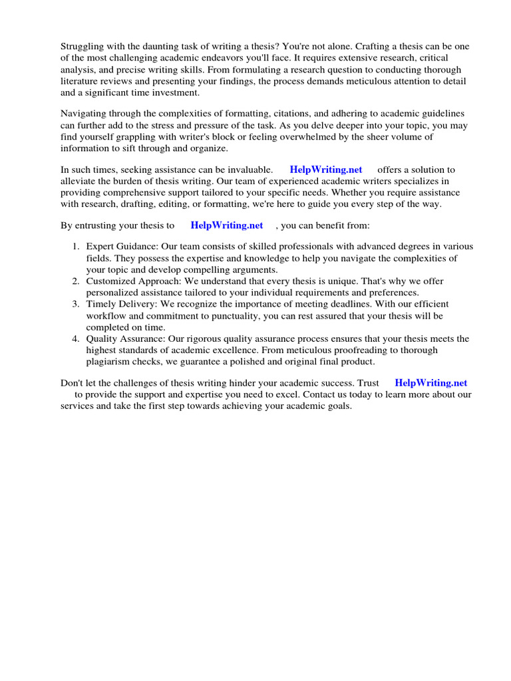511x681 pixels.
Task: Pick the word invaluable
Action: pos(248,170)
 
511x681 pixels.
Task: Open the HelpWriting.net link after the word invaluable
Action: pos(326,170)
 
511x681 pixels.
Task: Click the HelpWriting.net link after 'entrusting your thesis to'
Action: pos(227,225)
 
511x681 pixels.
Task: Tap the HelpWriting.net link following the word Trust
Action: pos(430,382)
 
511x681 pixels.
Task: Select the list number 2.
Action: pos(76,281)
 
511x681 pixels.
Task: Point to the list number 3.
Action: pos(76,305)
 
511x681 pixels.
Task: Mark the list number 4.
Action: pos(76,339)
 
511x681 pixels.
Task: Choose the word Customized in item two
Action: pos(111,281)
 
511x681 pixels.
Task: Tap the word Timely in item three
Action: pos(101,305)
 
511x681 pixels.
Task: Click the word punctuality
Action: pos(224,316)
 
